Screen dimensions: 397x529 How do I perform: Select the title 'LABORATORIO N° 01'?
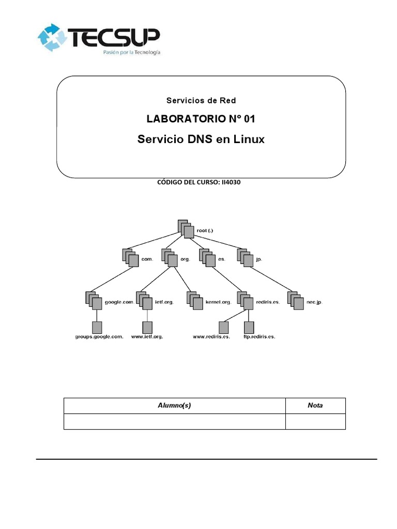point(201,119)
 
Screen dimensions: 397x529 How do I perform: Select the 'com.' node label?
point(147,259)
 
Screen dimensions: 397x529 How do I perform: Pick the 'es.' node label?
point(221,259)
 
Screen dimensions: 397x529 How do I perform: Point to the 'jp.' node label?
point(259,259)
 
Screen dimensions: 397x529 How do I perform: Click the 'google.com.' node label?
point(119,302)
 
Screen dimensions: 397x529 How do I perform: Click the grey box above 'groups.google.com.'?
point(97,327)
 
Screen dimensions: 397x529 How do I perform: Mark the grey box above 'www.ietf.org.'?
point(147,327)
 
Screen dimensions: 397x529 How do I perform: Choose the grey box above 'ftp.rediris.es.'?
point(249,327)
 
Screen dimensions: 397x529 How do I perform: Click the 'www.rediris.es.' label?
point(211,337)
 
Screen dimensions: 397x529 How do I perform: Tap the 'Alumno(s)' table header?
point(174,406)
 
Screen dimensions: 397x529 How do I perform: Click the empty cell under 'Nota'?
point(315,422)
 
